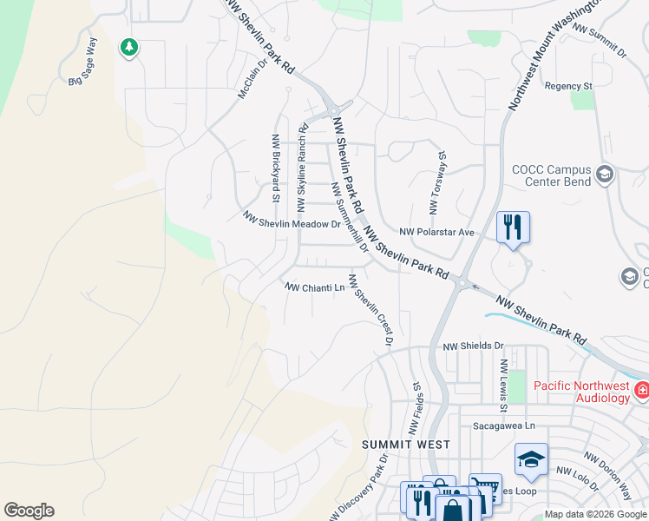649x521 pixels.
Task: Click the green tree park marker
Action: [x=129, y=46]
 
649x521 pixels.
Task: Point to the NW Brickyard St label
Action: [x=276, y=168]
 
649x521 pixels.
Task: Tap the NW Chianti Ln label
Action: [x=315, y=287]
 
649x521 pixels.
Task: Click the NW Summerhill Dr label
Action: [x=351, y=216]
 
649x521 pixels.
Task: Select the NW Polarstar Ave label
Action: [x=437, y=232]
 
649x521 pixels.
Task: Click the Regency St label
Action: [x=568, y=87]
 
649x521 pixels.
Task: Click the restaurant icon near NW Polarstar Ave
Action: [x=513, y=228]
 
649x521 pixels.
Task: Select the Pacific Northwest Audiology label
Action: [x=580, y=392]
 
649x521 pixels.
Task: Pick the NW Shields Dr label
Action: [x=473, y=346]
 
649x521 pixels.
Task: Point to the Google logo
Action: [x=29, y=511]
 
